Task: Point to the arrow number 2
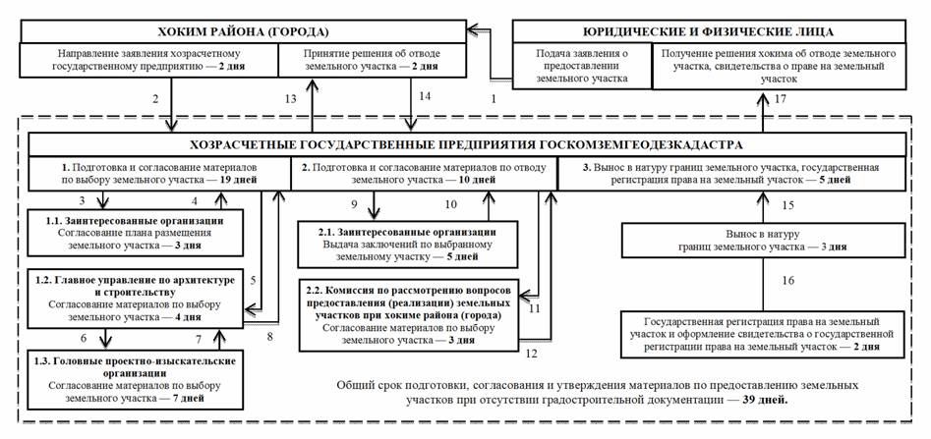pos(155,99)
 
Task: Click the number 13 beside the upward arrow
pos(288,99)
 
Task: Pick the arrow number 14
pos(425,96)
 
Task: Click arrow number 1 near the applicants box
pos(494,99)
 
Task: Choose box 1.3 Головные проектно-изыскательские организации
pos(132,380)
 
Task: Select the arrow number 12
pos(531,351)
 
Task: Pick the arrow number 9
pos(356,204)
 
